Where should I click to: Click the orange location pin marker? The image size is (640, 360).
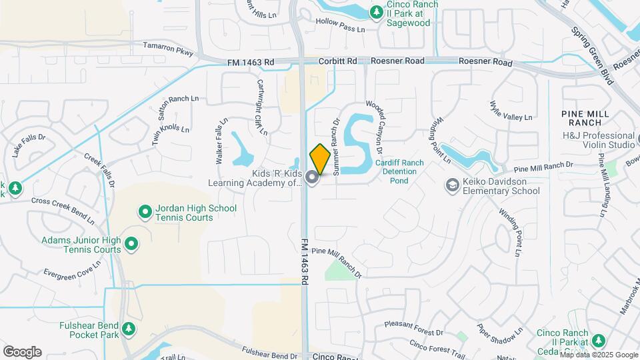tap(320, 159)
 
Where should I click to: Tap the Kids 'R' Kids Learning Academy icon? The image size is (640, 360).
tap(312, 177)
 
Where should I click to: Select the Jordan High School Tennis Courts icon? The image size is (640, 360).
tap(145, 213)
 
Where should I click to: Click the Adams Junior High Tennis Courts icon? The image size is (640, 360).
tap(131, 244)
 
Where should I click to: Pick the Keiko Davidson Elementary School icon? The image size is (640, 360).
tap(452, 184)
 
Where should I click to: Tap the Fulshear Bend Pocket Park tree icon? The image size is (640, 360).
tap(129, 329)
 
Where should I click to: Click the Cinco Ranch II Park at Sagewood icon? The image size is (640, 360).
tap(377, 12)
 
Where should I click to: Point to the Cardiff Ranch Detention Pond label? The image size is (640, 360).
tap(399, 171)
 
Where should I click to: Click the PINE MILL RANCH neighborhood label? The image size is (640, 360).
tap(585, 118)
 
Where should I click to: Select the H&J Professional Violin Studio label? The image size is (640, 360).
tap(598, 140)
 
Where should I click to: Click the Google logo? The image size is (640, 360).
tap(22, 352)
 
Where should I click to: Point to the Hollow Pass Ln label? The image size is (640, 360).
tap(341, 26)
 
